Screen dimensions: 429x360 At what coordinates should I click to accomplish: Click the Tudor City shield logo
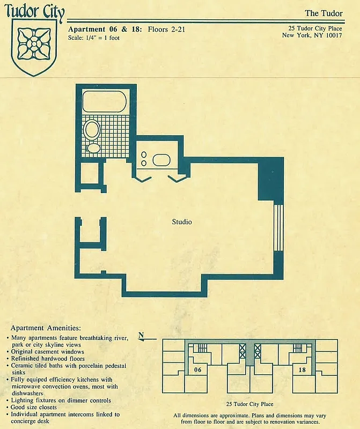pyautogui.click(x=34, y=47)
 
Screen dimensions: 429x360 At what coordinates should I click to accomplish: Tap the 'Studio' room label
pyautogui.click(x=182, y=221)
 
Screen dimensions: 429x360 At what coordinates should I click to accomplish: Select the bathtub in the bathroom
pyautogui.click(x=105, y=102)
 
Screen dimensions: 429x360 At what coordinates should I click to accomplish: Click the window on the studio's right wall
pyautogui.click(x=278, y=227)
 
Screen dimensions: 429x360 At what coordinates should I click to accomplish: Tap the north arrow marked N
pyautogui.click(x=142, y=337)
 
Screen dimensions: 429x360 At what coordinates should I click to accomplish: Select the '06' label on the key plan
pyautogui.click(x=197, y=370)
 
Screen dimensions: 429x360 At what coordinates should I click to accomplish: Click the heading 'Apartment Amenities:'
pyautogui.click(x=46, y=328)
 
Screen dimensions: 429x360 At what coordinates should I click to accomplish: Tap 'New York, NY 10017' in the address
pyautogui.click(x=312, y=36)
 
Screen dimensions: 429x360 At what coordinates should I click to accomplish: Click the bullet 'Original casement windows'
pyautogui.click(x=48, y=352)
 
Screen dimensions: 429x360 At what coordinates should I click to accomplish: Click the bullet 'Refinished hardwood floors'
pyautogui.click(x=48, y=359)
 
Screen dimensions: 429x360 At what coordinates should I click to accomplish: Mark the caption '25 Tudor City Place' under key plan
pyautogui.click(x=250, y=404)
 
